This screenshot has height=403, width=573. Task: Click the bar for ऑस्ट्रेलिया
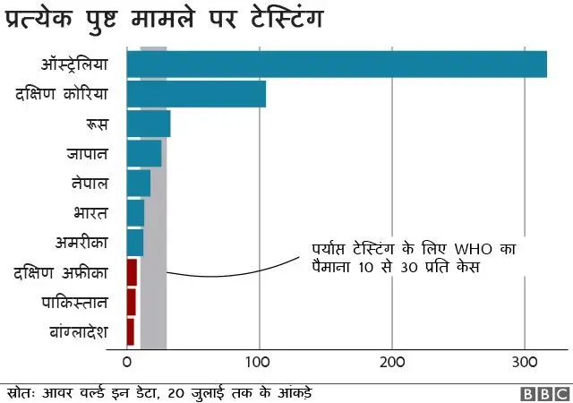337,64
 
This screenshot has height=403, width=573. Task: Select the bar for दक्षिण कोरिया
196,94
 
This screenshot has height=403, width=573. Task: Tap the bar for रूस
149,124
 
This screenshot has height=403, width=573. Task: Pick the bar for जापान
144,153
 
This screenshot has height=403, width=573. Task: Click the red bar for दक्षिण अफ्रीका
133,272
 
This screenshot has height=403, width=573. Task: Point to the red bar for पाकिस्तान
132,302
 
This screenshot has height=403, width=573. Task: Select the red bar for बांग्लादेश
131,331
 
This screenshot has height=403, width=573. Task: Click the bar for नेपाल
139,183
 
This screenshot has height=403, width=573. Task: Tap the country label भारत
91,213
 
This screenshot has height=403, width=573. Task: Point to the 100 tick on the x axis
259,363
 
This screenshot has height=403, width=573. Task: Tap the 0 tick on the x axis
127,363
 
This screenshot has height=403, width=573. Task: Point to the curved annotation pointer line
233,270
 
